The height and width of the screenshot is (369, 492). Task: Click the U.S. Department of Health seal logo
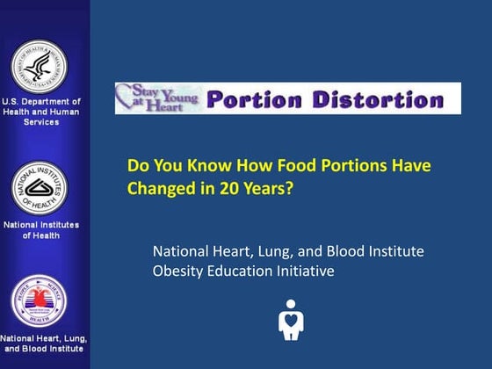(x=37, y=65)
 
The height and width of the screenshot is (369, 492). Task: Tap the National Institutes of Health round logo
(x=38, y=187)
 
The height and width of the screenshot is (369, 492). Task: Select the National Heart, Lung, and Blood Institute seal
(x=38, y=301)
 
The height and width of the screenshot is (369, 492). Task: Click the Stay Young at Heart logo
(x=160, y=97)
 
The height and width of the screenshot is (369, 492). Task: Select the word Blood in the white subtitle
(x=343, y=251)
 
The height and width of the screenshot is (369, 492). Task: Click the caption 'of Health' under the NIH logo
(x=40, y=235)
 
